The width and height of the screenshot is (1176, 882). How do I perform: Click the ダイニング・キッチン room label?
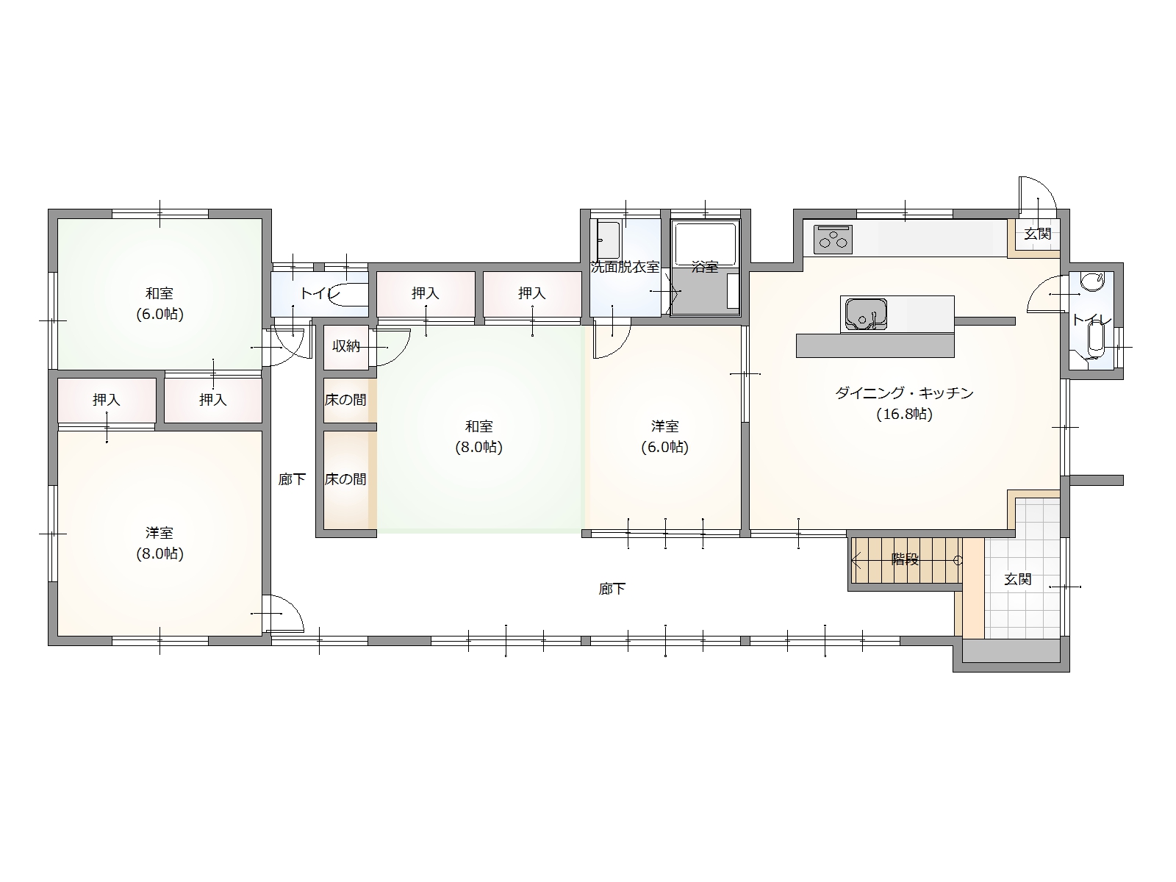pyautogui.click(x=904, y=394)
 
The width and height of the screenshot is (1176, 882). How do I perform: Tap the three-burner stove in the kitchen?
pyautogui.click(x=833, y=240)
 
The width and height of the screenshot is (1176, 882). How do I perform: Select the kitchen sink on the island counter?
pyautogui.click(x=866, y=314)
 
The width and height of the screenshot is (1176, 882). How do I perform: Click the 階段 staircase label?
pyautogui.click(x=905, y=559)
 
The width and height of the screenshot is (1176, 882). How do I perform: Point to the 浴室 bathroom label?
pyautogui.click(x=705, y=267)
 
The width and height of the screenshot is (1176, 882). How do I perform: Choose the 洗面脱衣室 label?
pyautogui.click(x=625, y=267)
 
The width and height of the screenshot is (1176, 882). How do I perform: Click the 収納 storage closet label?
pyautogui.click(x=346, y=346)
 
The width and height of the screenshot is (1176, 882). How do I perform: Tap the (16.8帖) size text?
pyautogui.click(x=904, y=415)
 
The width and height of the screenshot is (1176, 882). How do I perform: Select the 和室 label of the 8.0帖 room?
pyautogui.click(x=478, y=427)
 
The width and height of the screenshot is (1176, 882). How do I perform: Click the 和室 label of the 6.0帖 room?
pyautogui.click(x=159, y=293)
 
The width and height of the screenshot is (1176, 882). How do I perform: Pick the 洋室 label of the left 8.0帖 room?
pyautogui.click(x=159, y=533)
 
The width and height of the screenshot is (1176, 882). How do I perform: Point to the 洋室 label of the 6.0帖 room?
pyautogui.click(x=665, y=427)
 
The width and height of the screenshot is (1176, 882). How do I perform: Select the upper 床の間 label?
pyautogui.click(x=345, y=400)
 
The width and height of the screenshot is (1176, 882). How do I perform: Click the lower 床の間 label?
pyautogui.click(x=345, y=479)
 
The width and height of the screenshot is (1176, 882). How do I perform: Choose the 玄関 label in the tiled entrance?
pyautogui.click(x=1017, y=579)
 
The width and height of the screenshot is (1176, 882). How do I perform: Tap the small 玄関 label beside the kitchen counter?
pyautogui.click(x=1038, y=234)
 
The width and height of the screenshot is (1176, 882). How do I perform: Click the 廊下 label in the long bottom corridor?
pyautogui.click(x=612, y=589)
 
